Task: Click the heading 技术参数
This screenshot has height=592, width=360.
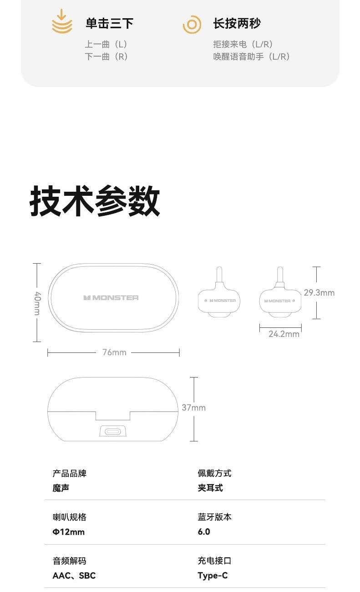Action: pos(95,201)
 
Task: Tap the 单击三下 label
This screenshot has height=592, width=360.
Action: pos(109,23)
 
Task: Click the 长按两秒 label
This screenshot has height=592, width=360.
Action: pos(237,23)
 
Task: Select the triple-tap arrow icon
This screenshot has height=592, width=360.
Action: pos(62,22)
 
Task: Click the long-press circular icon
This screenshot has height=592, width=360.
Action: pos(192,24)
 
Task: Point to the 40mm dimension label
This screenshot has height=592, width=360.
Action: pos(37,303)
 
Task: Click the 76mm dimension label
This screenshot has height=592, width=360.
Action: pos(114,352)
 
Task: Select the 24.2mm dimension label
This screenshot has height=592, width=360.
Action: pos(284,334)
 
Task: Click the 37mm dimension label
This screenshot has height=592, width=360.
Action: pos(194,408)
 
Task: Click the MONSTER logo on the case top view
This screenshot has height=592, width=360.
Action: pos(111,297)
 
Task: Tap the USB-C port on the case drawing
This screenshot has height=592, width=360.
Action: pos(113,431)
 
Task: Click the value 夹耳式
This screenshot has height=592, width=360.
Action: pos(210,488)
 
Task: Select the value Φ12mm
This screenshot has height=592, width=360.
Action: pos(69,531)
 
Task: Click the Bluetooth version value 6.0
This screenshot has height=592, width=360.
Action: pos(204,531)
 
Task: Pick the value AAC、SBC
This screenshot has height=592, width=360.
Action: pos(74,575)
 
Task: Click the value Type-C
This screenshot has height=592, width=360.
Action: pos(213,575)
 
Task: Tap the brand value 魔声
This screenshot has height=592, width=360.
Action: pos(61,488)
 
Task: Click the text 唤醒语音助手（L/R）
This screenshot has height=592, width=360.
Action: pos(252,56)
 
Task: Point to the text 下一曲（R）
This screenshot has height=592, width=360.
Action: pos(106,56)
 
